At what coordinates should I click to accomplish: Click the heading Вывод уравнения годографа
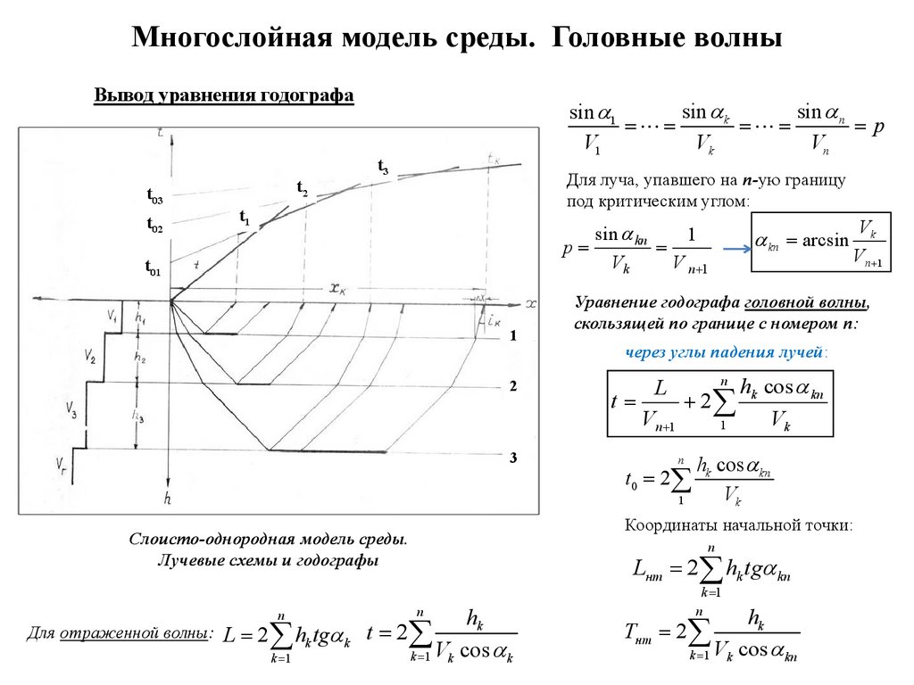(224, 95)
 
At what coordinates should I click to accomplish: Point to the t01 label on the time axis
(153, 267)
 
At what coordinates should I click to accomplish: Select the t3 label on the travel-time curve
(383, 167)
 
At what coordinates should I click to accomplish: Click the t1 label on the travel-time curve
(245, 217)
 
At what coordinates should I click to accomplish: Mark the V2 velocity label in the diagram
(91, 358)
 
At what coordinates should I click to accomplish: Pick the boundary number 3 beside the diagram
(513, 458)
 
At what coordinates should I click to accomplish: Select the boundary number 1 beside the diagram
(513, 336)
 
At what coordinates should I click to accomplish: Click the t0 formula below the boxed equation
(697, 481)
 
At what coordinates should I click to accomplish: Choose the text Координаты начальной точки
(739, 525)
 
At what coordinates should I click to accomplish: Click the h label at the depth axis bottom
(167, 500)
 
